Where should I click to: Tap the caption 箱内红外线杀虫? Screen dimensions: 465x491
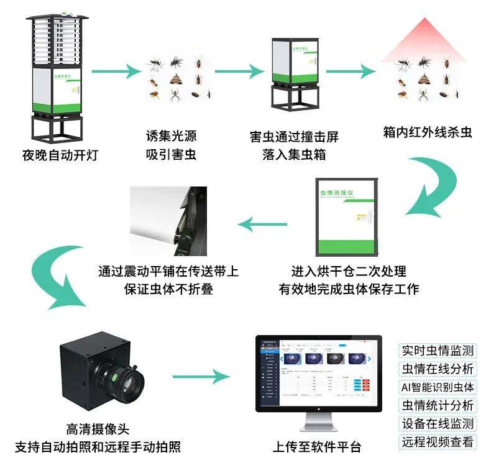click(x=427, y=132)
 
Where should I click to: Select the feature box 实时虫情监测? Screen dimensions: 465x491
click(x=438, y=350)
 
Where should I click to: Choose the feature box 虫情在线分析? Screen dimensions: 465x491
click(x=438, y=368)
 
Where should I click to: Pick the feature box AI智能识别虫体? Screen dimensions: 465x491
click(x=438, y=387)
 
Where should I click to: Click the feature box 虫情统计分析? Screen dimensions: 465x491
click(x=438, y=405)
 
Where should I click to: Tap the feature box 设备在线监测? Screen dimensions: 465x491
click(x=438, y=424)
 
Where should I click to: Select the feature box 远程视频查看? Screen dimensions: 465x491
click(x=438, y=443)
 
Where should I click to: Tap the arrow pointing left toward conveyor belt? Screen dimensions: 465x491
click(x=264, y=224)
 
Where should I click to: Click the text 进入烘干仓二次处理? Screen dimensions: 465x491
click(x=349, y=272)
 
